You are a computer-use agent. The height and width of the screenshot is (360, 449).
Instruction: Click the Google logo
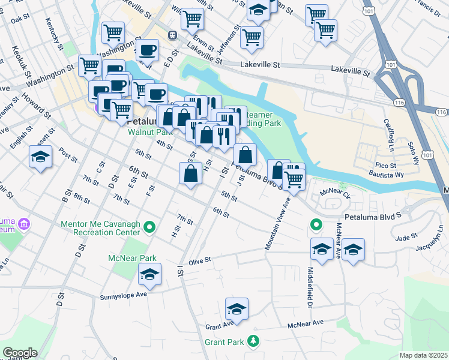tap(19, 353)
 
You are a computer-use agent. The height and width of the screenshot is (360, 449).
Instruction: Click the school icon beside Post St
tap(40, 158)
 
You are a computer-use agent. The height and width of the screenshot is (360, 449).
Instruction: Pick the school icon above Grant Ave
tap(237, 310)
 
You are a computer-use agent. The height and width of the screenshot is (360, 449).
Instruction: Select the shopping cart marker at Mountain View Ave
tap(294, 178)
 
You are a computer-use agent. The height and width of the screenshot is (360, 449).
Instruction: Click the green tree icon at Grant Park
tap(254, 341)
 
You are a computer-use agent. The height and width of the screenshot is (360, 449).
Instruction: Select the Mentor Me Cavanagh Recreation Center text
tap(101, 227)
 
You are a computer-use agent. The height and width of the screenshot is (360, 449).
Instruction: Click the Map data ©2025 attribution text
tap(423, 355)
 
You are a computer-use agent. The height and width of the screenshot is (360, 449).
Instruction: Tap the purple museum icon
tap(23, 225)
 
